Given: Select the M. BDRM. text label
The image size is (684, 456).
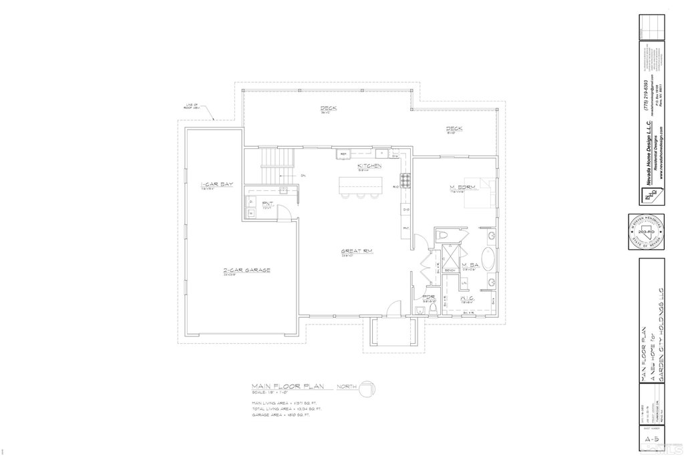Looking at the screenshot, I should click(462, 188).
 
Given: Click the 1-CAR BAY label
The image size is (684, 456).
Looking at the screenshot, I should click(216, 184).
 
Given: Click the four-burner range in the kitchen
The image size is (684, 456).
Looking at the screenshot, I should click(404, 179).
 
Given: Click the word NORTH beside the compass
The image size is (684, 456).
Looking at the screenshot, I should click(346, 387).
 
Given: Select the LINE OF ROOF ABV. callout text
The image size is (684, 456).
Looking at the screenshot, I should click(193, 106).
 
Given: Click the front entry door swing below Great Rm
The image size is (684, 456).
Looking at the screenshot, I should click(395, 308).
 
